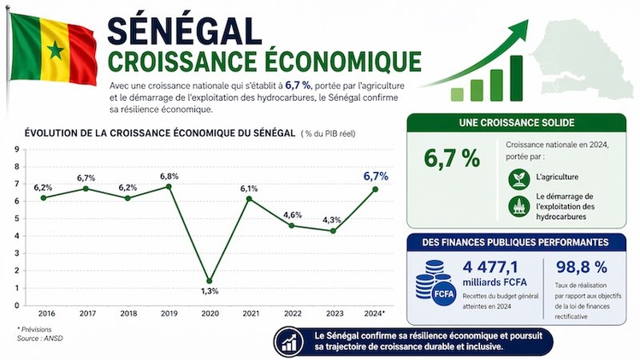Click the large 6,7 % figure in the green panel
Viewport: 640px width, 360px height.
[453, 157]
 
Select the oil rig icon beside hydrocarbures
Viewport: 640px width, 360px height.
[519, 206]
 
